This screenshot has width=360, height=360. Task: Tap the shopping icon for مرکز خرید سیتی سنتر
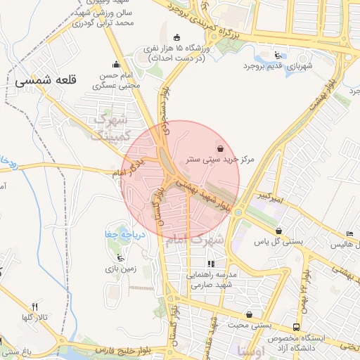[x=221, y=148]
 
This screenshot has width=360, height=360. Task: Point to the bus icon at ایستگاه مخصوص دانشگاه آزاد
[x=297, y=328]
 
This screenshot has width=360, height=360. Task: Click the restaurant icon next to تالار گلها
[x=34, y=307]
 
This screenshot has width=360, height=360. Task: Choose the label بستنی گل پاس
[x=278, y=242]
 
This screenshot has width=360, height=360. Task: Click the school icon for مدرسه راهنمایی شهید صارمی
[x=211, y=264]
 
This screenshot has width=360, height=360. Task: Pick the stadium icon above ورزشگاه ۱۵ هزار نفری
[x=176, y=37]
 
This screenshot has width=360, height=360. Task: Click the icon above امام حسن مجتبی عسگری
[x=117, y=64]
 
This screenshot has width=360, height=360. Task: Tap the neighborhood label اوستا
[x=251, y=349]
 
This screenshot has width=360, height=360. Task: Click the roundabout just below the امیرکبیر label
[x=238, y=212]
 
